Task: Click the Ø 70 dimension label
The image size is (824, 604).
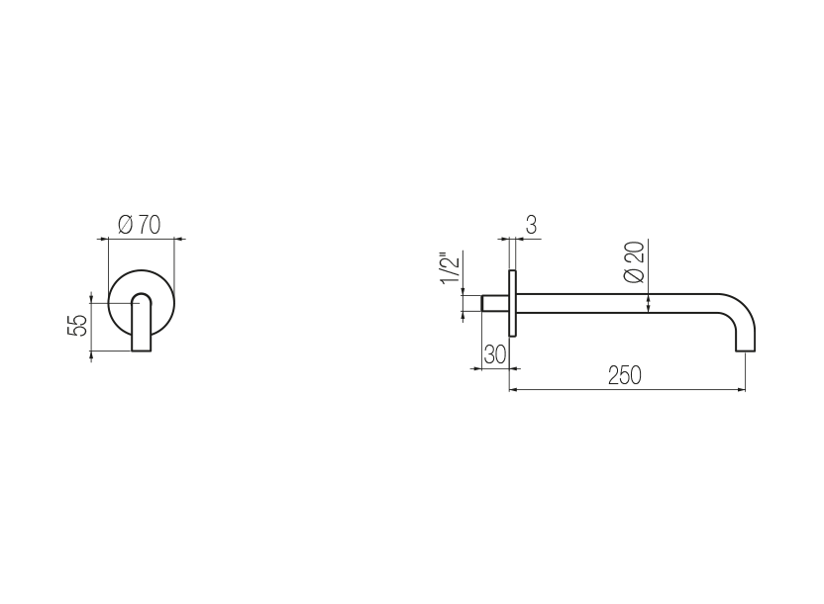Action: tap(140, 225)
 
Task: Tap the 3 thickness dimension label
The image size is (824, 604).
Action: tap(531, 225)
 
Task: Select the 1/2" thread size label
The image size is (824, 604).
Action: tap(451, 268)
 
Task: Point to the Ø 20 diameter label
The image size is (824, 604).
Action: tap(634, 262)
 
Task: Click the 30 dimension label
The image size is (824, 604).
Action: tap(495, 354)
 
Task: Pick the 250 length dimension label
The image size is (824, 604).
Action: tap(625, 375)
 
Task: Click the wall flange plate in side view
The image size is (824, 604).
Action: tap(512, 303)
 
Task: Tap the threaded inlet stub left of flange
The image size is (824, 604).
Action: tap(495, 304)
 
